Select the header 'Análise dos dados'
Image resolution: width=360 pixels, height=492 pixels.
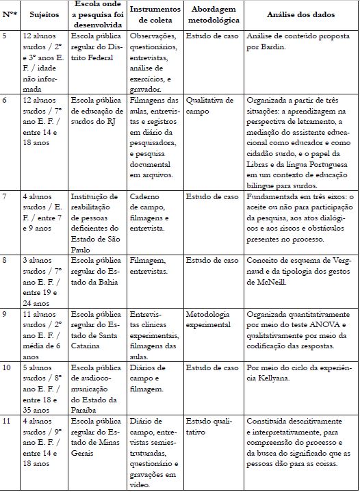(300, 14)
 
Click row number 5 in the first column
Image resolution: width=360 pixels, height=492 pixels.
(5, 34)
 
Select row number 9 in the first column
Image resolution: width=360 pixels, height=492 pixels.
(5, 314)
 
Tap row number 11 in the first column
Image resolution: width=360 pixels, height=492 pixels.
(7, 421)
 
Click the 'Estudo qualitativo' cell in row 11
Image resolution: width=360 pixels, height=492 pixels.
(205, 426)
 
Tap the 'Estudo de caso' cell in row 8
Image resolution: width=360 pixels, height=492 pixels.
(211, 261)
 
